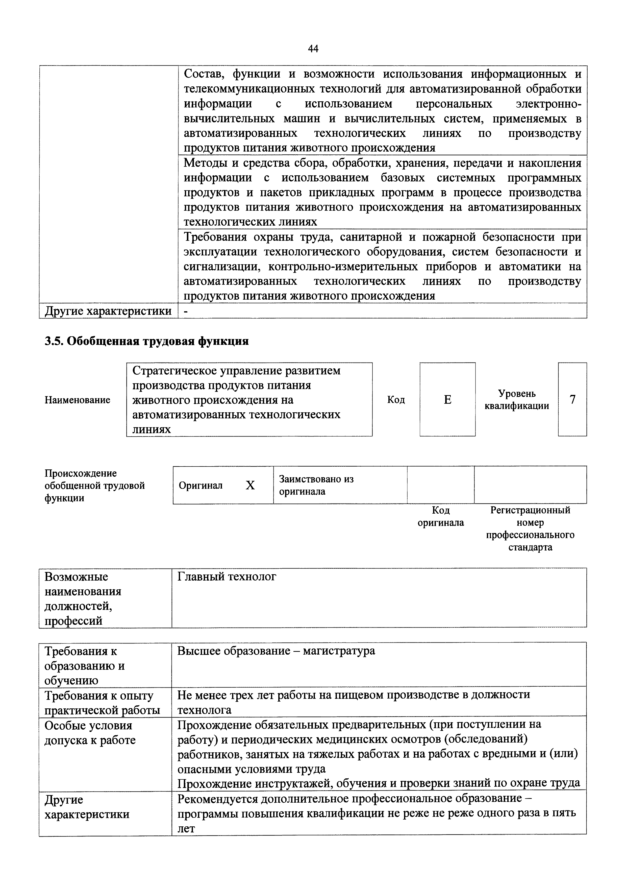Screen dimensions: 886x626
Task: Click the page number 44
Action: [x=313, y=49]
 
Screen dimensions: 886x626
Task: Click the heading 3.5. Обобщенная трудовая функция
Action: [x=146, y=341]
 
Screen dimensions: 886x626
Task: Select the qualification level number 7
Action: [x=572, y=399]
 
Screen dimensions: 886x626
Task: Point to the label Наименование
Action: [x=78, y=400]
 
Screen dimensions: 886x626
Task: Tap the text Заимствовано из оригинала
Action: [x=316, y=485]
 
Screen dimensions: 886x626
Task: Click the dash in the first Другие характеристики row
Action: [x=186, y=311]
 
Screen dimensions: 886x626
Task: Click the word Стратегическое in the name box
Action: [x=174, y=370]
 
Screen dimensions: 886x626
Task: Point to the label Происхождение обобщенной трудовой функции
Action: [x=94, y=486]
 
